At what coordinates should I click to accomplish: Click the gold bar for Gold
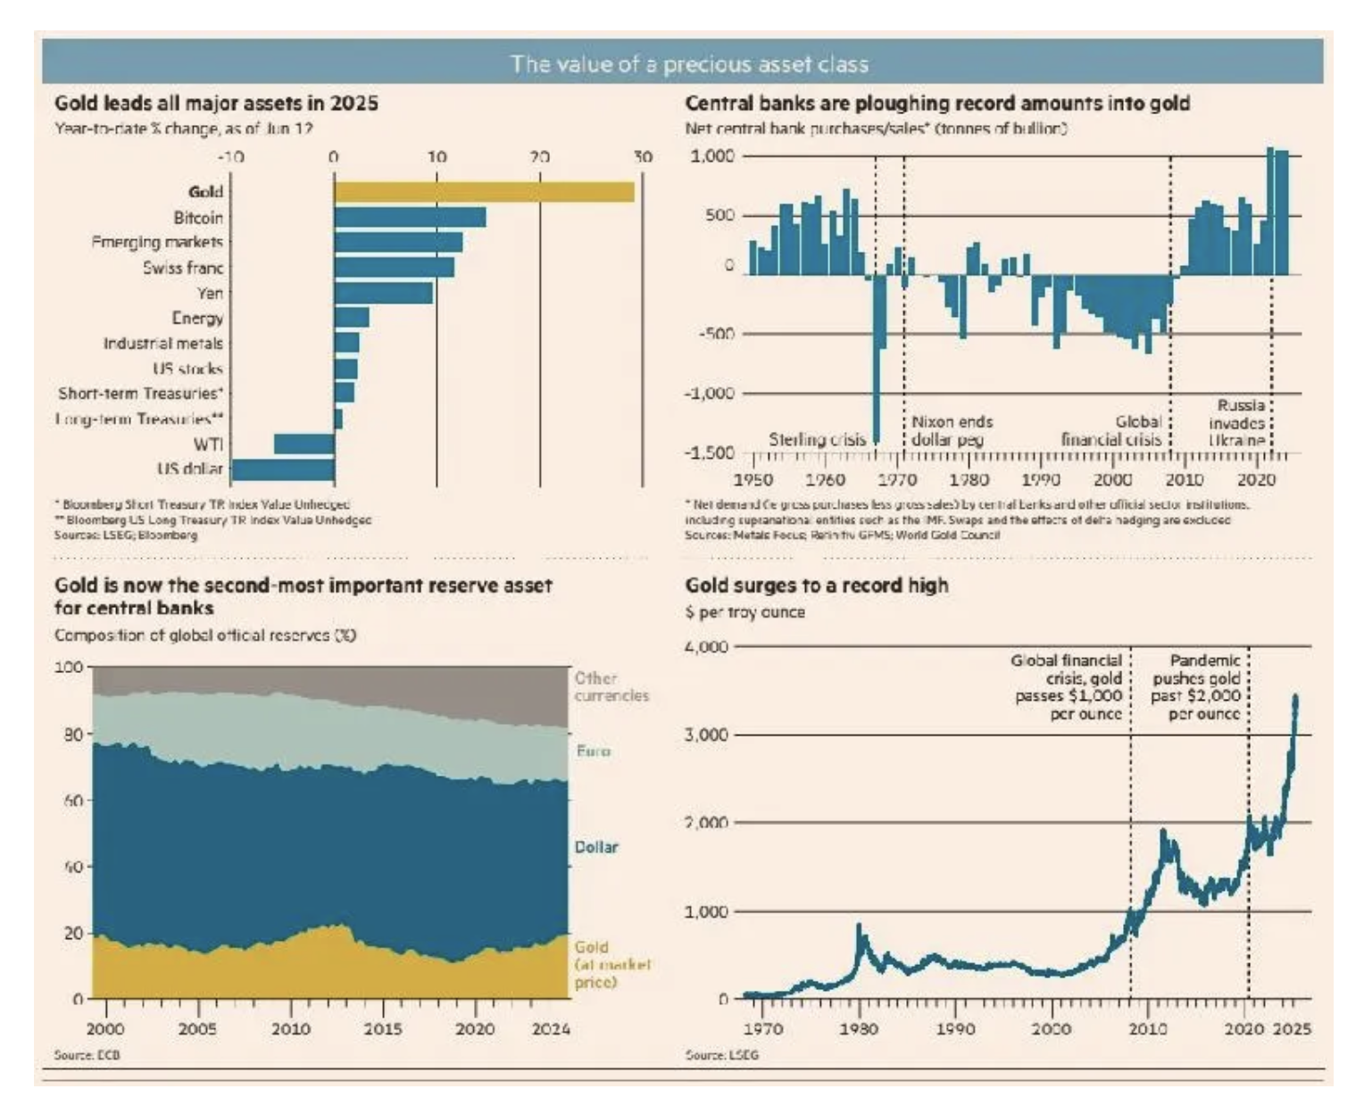pyautogui.click(x=484, y=192)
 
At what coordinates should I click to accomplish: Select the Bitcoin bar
pyautogui.click(x=410, y=217)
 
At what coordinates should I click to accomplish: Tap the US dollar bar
pyautogui.click(x=283, y=470)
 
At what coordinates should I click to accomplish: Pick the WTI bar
pyautogui.click(x=304, y=445)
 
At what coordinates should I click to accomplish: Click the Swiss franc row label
pyautogui.click(x=183, y=268)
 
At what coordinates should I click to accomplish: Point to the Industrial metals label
pyautogui.click(x=163, y=344)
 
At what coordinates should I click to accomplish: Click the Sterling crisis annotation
pyautogui.click(x=817, y=439)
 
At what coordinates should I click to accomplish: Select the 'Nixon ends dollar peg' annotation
pyautogui.click(x=952, y=430)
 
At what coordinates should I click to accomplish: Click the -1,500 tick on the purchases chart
pyautogui.click(x=710, y=453)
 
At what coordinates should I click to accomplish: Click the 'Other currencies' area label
pyautogui.click(x=611, y=686)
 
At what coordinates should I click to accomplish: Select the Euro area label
pyautogui.click(x=594, y=752)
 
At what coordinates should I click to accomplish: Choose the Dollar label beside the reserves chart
pyautogui.click(x=595, y=846)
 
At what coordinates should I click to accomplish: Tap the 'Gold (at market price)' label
pyautogui.click(x=611, y=964)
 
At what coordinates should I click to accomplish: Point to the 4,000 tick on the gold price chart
pyautogui.click(x=706, y=646)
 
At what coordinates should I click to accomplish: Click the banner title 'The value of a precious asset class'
pyautogui.click(x=689, y=64)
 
